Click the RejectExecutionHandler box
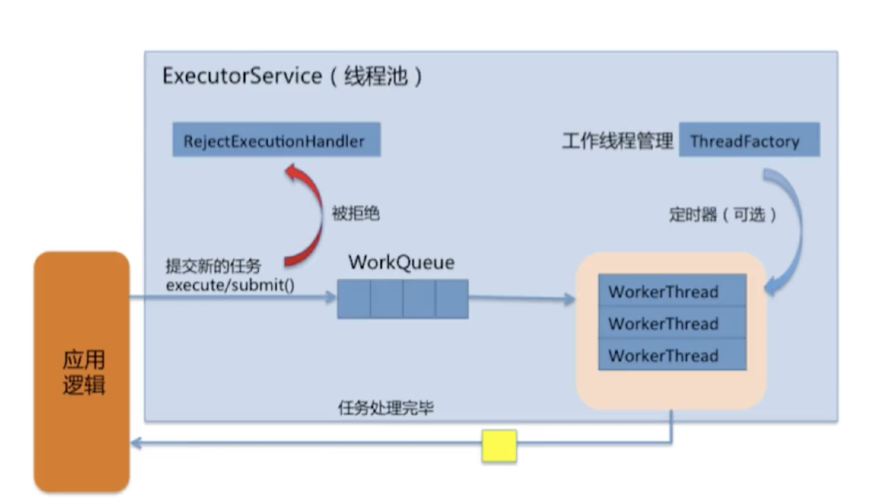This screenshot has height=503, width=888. click(276, 140)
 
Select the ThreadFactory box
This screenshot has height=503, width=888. click(749, 140)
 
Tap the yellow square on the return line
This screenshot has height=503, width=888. click(499, 445)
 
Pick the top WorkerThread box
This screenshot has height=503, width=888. click(672, 291)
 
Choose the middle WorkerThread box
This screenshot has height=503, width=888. click(672, 323)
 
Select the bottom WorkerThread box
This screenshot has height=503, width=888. click(672, 355)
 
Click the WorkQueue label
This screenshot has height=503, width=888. click(401, 262)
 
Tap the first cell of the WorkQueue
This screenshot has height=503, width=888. click(354, 299)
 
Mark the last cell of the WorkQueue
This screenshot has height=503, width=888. click(452, 299)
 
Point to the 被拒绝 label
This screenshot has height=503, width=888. click(355, 213)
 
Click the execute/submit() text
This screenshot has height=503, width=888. click(230, 285)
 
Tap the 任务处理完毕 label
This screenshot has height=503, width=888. click(385, 408)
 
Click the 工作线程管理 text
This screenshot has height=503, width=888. click(617, 141)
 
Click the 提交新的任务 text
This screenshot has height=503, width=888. click(213, 266)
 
